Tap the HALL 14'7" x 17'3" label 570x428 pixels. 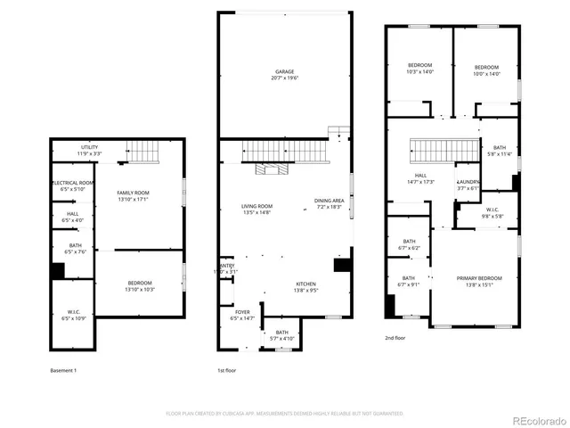click(420, 178)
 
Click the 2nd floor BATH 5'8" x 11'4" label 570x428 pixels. click(499, 151)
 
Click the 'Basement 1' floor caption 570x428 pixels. click(63, 370)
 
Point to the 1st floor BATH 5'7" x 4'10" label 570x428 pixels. click(281, 335)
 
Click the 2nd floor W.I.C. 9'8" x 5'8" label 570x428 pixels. click(493, 214)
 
